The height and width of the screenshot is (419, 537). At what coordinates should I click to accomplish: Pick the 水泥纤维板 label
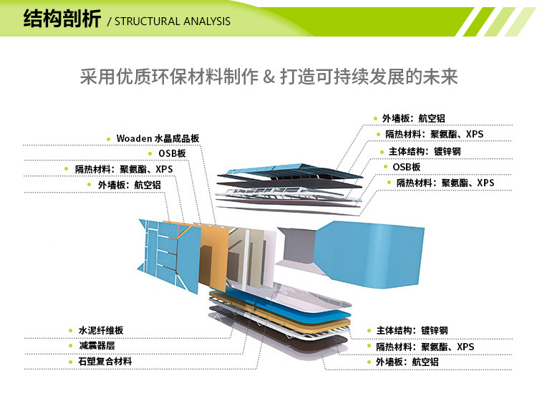tap(101, 330)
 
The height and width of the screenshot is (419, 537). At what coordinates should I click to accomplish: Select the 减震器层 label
tap(97, 346)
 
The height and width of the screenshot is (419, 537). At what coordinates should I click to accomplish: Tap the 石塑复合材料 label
tap(105, 362)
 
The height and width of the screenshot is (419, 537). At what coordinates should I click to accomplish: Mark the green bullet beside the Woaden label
tap(107, 138)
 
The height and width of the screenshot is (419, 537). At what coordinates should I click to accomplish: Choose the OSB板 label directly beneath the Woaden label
tap(172, 154)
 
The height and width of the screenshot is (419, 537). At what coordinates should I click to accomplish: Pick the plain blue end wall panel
tap(351, 247)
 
